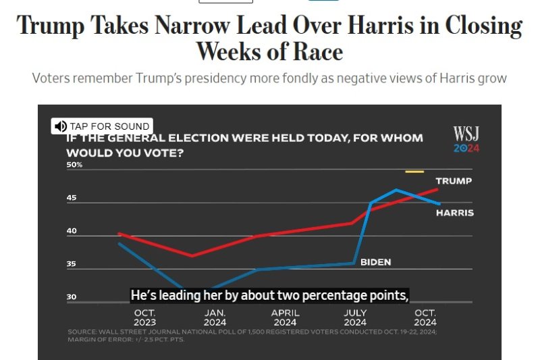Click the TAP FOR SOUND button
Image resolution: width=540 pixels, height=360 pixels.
[102, 126]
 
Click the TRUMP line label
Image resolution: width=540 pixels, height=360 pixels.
[454, 181]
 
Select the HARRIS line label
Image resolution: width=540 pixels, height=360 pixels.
[454, 213]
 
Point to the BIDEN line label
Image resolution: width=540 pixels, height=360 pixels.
[375, 262]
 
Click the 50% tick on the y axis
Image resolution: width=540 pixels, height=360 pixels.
[74, 165]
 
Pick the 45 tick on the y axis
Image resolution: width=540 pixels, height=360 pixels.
[72, 198]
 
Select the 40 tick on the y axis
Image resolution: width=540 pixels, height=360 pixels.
[72, 231]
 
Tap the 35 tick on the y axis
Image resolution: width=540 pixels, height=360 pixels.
[72, 264]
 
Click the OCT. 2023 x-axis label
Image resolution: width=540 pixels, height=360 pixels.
[145, 317]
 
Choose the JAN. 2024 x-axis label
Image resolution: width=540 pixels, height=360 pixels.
[215, 317]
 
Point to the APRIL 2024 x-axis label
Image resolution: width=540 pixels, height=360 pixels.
[286, 317]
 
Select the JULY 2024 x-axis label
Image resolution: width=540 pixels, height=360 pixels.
[356, 317]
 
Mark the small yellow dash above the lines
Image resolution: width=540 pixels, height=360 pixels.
[414, 172]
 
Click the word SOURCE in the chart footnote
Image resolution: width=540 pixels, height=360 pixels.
[82, 332]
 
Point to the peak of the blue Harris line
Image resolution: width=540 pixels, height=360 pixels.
[396, 190]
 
